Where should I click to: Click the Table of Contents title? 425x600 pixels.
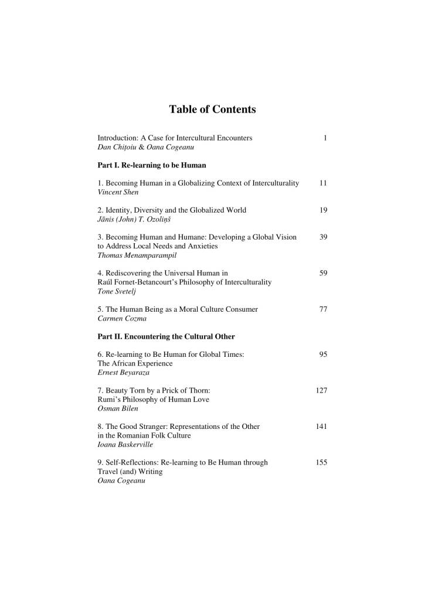pos(212,109)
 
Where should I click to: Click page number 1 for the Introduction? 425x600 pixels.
pos(324,138)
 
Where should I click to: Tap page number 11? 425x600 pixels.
pos(323,183)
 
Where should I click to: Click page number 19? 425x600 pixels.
pos(323,210)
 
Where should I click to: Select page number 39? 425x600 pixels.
pos(323,237)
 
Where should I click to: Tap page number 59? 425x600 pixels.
pos(323,272)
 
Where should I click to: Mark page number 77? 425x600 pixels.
pos(323,309)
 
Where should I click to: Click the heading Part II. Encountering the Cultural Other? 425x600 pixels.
pos(166,336)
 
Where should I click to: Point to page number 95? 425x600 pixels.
pos(323,354)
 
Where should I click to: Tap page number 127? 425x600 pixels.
pos(321,390)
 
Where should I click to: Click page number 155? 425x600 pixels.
pos(321,462)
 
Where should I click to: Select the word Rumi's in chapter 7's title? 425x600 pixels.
pos(108,400)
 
